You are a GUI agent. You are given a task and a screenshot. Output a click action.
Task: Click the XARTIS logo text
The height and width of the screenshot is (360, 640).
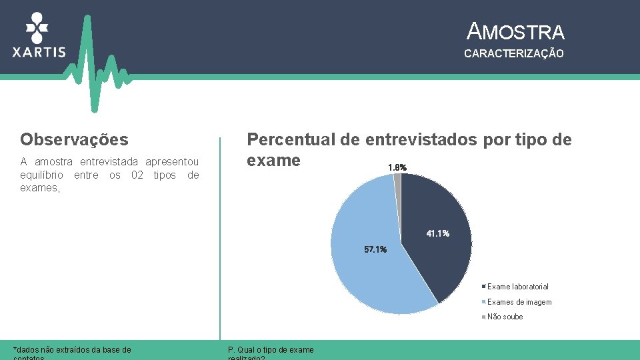(x=39, y=52)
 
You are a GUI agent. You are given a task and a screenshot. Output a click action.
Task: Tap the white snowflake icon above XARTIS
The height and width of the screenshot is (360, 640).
(x=37, y=27)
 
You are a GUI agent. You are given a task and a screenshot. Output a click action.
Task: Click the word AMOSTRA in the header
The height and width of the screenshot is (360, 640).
(x=516, y=31)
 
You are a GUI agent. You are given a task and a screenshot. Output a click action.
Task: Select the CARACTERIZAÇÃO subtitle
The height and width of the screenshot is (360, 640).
(x=513, y=53)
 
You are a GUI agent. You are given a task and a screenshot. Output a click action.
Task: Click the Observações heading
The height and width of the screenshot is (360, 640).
(x=74, y=139)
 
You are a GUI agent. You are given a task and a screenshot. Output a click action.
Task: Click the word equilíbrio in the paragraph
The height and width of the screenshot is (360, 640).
(x=42, y=175)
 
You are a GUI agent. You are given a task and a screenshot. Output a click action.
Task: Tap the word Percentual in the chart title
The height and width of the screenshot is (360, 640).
(x=291, y=139)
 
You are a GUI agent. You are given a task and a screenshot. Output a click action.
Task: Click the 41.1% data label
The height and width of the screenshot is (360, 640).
(x=437, y=234)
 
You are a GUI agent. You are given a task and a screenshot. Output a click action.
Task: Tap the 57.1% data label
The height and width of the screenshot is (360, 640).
(x=375, y=249)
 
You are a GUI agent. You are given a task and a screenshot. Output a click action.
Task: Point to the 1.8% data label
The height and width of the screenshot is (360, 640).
(x=397, y=167)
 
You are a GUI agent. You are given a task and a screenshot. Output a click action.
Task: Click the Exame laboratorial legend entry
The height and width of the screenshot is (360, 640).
(x=517, y=287)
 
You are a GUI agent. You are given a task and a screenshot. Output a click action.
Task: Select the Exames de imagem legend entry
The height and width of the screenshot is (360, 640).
(x=519, y=302)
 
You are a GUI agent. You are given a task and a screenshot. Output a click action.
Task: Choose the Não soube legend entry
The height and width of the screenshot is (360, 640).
(x=505, y=317)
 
